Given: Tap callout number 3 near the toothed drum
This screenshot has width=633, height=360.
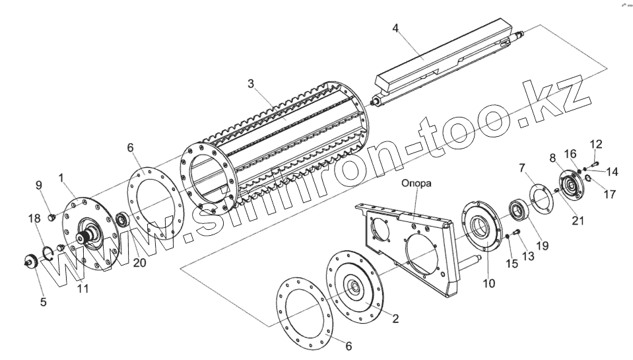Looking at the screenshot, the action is pyautogui.click(x=251, y=84).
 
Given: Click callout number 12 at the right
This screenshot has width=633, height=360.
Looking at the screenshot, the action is pyautogui.click(x=596, y=144).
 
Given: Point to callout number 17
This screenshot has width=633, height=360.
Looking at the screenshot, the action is pyautogui.click(x=609, y=195).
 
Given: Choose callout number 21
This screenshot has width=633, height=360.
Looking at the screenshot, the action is pyautogui.click(x=578, y=221).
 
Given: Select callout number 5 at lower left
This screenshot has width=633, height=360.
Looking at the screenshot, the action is pyautogui.click(x=43, y=303).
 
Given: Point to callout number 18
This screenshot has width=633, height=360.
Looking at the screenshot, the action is pyautogui.click(x=34, y=219).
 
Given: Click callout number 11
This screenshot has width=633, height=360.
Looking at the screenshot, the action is pyautogui.click(x=83, y=289).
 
